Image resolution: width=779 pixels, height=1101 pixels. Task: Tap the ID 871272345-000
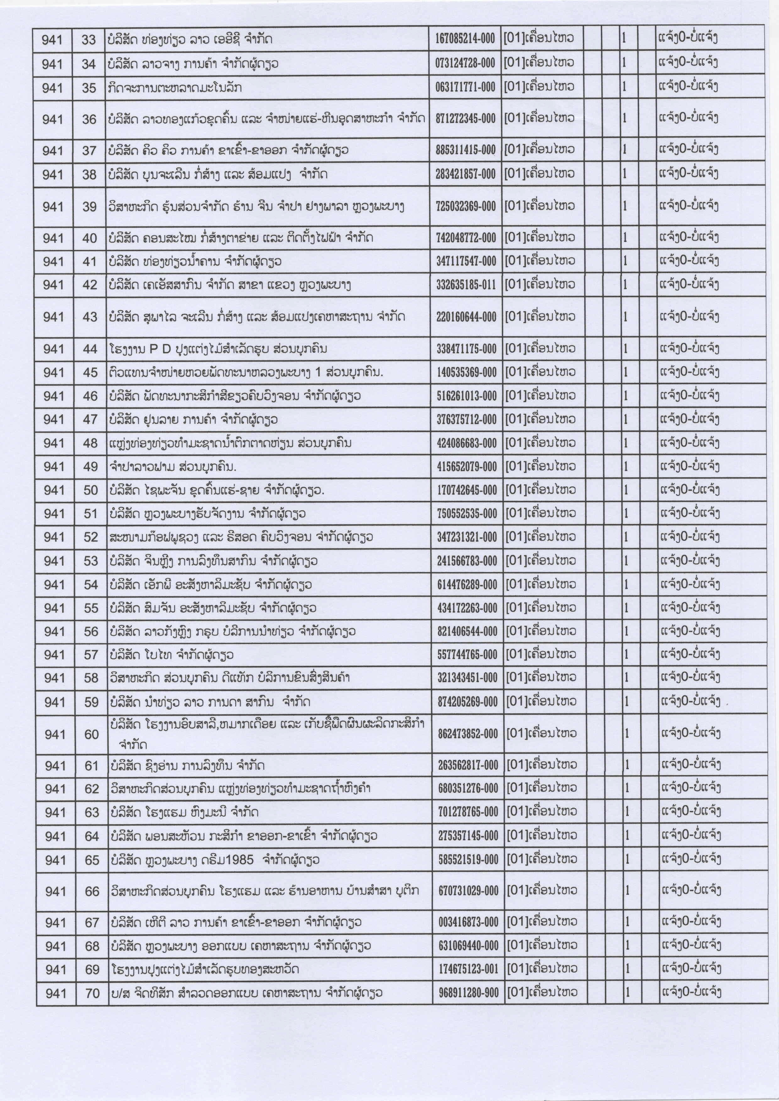pyautogui.click(x=465, y=119)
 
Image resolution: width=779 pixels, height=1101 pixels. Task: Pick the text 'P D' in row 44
pyautogui.click(x=157, y=348)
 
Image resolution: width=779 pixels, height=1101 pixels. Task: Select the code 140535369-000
pyautogui.click(x=466, y=372)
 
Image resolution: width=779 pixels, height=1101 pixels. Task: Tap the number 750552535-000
pyautogui.click(x=467, y=514)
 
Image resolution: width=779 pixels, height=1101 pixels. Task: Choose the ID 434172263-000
pyautogui.click(x=467, y=608)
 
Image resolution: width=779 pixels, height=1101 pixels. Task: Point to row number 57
pyautogui.click(x=91, y=655)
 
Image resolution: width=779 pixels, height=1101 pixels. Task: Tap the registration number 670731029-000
pyautogui.click(x=468, y=891)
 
